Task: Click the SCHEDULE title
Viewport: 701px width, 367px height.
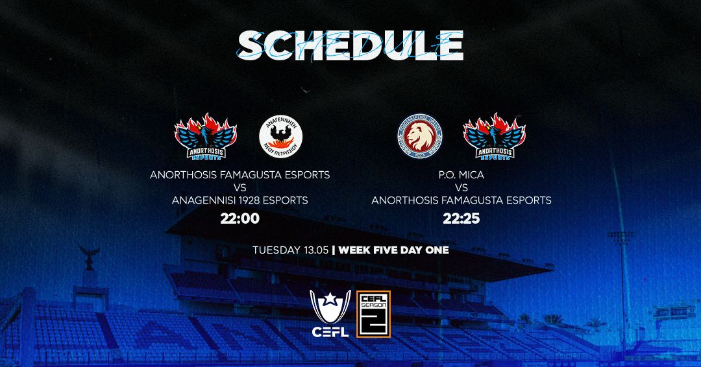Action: (x=350, y=45)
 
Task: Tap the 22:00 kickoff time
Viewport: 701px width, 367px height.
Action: (x=240, y=219)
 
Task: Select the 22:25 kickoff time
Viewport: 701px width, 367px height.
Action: (x=461, y=219)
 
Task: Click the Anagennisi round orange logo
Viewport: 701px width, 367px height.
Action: (x=280, y=137)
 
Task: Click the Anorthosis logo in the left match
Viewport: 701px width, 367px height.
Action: (x=206, y=137)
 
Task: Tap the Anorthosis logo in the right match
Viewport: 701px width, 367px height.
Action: (x=494, y=137)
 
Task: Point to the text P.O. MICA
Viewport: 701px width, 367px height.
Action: (x=461, y=175)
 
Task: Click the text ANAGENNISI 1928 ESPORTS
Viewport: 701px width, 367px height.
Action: (x=240, y=200)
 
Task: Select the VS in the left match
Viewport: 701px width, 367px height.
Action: (x=240, y=188)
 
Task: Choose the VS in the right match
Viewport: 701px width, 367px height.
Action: (x=461, y=188)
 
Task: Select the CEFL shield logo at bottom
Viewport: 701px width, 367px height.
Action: (x=330, y=313)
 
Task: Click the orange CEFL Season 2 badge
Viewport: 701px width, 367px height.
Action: (x=373, y=313)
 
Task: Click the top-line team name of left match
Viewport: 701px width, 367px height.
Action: (x=240, y=175)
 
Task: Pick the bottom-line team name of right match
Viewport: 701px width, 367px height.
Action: (x=461, y=200)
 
